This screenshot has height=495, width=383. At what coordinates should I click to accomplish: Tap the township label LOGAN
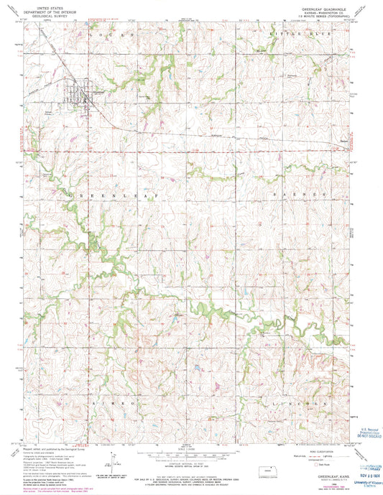[104, 34]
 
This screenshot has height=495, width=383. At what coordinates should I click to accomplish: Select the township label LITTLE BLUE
[293, 34]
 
